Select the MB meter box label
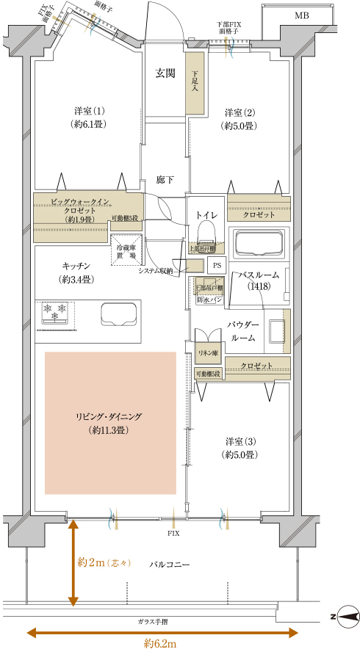[302, 15]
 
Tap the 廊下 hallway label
[165, 179]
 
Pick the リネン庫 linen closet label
[209, 353]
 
